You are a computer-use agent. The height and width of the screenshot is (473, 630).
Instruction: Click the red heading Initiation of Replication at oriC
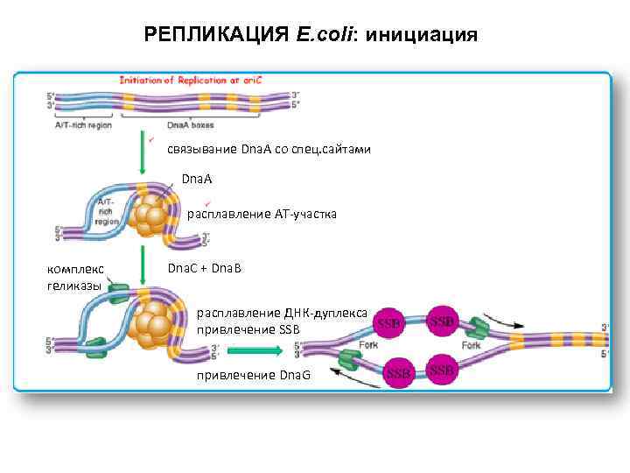(192, 80)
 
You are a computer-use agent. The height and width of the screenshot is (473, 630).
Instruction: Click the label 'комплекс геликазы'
(75, 277)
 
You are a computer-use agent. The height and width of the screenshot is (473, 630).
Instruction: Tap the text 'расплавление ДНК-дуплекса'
(282, 313)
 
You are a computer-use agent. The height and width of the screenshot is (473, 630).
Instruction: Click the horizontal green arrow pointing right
(255, 350)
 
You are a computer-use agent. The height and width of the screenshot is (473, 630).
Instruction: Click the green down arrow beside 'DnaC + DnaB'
(142, 264)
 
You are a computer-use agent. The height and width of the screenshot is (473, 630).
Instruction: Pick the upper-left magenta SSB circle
(389, 323)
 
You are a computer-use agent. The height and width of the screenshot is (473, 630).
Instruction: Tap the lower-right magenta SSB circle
(442, 371)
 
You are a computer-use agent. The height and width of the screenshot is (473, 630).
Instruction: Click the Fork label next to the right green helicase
(472, 345)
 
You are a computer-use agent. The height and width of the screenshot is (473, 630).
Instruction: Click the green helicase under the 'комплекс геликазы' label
(117, 289)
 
